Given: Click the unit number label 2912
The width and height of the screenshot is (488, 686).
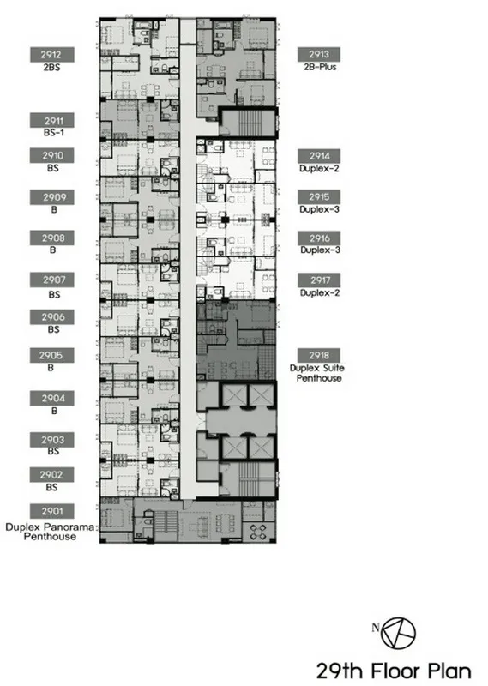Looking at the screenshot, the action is (51, 55).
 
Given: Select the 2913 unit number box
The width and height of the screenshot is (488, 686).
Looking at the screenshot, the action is (319, 54).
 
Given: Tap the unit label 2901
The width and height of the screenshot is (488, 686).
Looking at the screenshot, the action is (51, 511).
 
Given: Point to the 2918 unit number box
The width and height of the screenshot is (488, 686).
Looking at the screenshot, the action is (319, 355).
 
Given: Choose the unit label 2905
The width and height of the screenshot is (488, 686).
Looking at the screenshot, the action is (51, 355).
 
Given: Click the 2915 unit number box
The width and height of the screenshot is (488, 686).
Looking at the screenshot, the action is (319, 197).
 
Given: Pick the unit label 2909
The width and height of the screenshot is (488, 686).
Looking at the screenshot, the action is (51, 197).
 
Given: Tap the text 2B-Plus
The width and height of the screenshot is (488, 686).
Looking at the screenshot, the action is (320, 68).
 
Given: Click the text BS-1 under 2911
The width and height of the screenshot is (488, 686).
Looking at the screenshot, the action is (53, 133).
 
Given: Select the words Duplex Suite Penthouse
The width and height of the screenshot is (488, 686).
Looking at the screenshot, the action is (317, 373).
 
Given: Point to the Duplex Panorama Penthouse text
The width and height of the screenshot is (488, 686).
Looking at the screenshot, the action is (50, 532).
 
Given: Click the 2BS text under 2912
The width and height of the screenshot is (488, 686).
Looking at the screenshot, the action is (51, 68).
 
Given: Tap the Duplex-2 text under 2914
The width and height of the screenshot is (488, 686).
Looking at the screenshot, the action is (320, 168).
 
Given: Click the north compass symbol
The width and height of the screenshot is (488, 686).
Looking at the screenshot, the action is (398, 633).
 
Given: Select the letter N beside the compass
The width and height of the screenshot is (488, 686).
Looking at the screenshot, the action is (376, 628).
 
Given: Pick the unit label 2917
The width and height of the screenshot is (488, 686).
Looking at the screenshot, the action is (319, 280).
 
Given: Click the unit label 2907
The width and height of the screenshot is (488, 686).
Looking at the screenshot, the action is (51, 280).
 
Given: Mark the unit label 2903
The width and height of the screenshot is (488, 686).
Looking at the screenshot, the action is (51, 440).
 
